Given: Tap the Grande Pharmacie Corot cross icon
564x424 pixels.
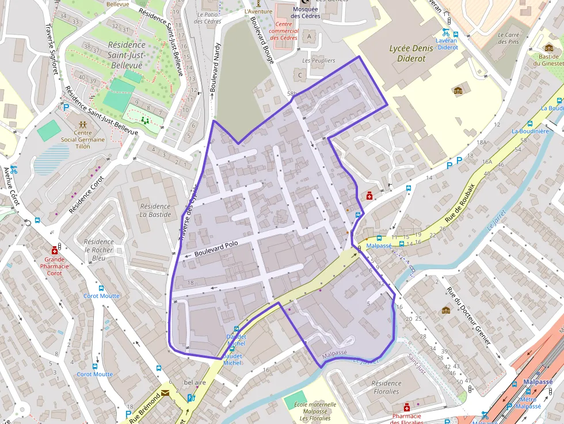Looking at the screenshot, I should click(54, 250).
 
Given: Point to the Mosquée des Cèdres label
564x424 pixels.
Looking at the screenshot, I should click(306, 13).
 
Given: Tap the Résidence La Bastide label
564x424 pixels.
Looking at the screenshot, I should click(155, 210).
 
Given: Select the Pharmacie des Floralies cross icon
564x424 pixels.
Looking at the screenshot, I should click(407, 407).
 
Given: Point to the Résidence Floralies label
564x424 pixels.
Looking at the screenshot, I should click(386, 387).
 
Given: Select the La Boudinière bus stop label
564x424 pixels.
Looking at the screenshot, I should click(530, 131).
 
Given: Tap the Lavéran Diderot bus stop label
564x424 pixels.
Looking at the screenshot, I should click(447, 44).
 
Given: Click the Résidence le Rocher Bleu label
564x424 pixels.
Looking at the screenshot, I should click(98, 250).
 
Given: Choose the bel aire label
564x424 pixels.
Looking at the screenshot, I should click(195, 383).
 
